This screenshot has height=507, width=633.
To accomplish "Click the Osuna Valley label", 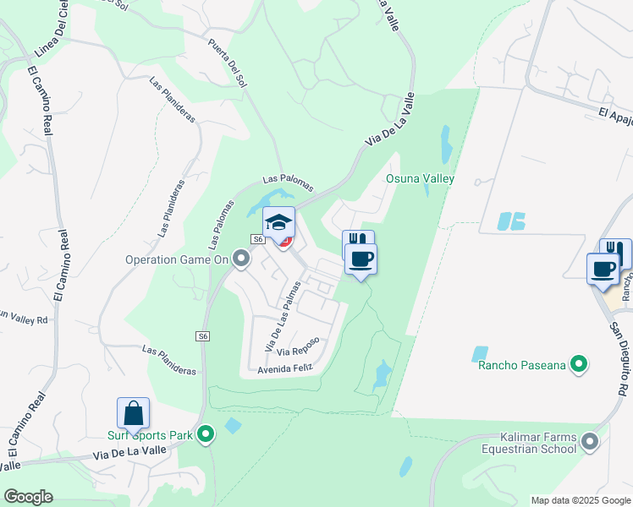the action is click(421, 178).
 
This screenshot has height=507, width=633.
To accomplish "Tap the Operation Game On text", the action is click(178, 259).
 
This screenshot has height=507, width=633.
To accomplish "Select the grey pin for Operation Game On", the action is click(241, 259).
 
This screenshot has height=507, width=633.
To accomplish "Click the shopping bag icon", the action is click(134, 413).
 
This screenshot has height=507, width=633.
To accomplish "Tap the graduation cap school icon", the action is click(278, 223).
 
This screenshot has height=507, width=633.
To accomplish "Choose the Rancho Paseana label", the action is click(521, 365).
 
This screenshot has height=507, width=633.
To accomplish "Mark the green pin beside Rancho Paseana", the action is click(579, 364).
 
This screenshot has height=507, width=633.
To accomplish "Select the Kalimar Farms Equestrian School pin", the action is click(591, 441).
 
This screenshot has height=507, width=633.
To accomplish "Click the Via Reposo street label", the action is click(298, 347).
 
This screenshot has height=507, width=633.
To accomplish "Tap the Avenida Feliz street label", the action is click(286, 368).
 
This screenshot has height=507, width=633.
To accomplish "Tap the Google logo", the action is click(28, 497).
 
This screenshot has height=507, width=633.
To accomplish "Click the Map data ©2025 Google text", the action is click(580, 500).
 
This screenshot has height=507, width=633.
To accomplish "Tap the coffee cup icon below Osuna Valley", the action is click(361, 259).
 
